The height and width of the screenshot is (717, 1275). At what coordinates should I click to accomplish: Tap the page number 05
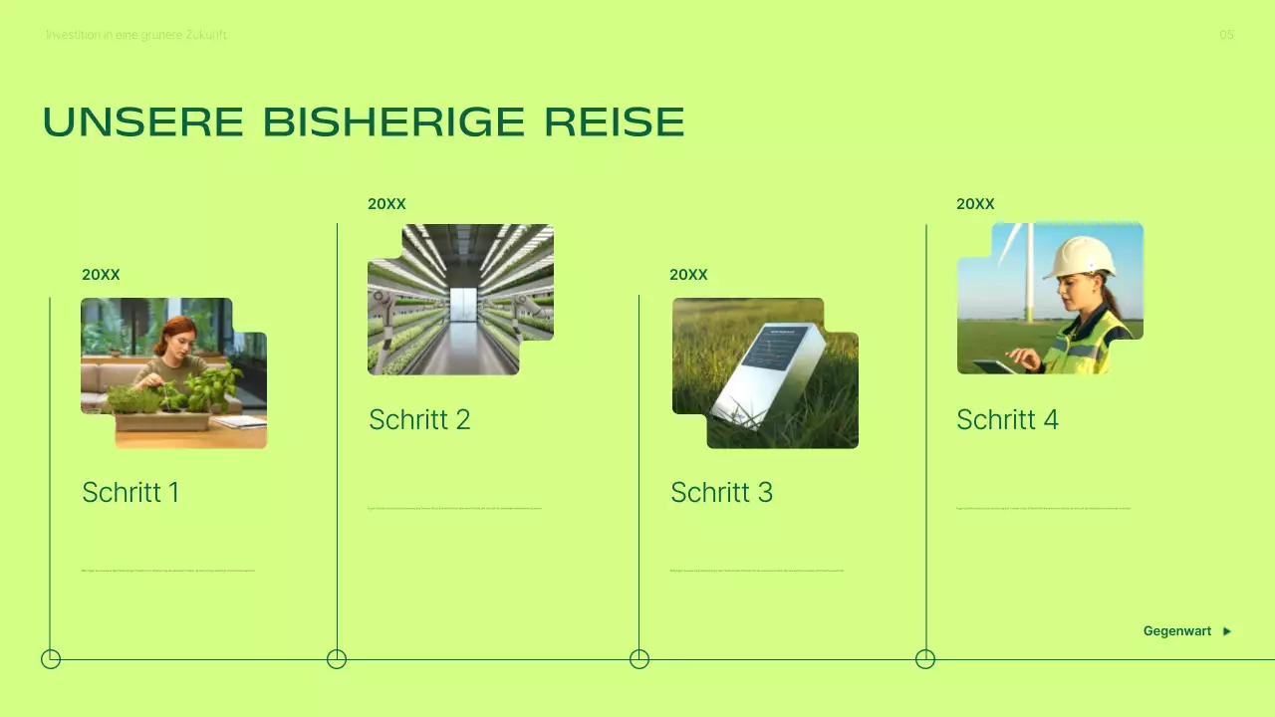click(x=1226, y=35)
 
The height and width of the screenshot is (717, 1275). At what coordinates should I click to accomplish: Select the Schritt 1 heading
click(x=130, y=492)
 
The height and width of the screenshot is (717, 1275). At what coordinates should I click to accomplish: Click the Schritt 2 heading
click(x=419, y=419)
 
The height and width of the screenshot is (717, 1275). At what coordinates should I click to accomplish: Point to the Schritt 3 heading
click(x=721, y=492)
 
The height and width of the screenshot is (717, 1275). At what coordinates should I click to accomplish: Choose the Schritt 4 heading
click(x=1007, y=419)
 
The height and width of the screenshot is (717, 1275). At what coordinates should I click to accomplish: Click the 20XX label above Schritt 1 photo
click(x=101, y=275)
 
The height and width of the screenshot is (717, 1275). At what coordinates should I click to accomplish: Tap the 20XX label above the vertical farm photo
click(x=386, y=204)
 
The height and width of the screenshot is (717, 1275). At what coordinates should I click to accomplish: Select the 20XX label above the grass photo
click(x=688, y=275)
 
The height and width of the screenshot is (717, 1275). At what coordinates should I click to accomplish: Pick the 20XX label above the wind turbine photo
click(x=975, y=204)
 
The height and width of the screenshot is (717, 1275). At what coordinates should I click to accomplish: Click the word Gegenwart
click(x=1176, y=631)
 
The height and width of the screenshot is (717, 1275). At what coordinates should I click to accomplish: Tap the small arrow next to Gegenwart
click(x=1227, y=631)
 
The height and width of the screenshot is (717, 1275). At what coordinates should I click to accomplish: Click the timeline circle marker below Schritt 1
click(x=51, y=659)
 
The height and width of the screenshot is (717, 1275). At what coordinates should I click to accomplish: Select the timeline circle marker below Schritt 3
click(x=639, y=659)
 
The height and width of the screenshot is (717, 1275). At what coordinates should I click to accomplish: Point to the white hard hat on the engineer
click(x=1080, y=256)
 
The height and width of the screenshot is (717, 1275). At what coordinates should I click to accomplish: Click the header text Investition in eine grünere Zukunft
click(x=136, y=35)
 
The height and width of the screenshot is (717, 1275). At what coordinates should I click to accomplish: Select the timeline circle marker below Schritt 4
click(x=925, y=659)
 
